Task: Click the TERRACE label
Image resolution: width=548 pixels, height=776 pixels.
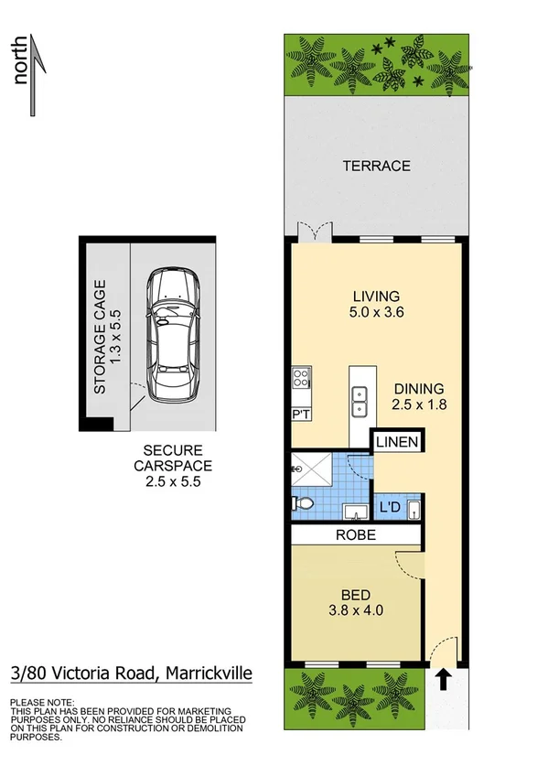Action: pos(376,166)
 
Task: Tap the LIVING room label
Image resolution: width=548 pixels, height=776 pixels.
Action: pos(376,296)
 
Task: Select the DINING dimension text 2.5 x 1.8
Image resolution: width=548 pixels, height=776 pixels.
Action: pos(419,404)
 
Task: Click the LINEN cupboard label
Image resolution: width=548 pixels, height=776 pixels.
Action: pos(397,443)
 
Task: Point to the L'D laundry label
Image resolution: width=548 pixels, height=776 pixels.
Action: pos(390,506)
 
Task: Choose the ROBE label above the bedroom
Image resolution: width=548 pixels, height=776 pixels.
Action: pos(357,535)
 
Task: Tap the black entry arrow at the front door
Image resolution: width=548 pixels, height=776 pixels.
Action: pos(443,679)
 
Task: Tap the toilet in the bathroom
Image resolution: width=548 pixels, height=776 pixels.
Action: pos(304,502)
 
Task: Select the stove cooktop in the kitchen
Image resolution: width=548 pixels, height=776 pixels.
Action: pos(300,378)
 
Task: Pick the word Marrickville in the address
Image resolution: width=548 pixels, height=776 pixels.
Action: pos(208,675)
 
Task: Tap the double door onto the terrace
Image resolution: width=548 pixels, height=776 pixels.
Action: pos(313,233)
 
